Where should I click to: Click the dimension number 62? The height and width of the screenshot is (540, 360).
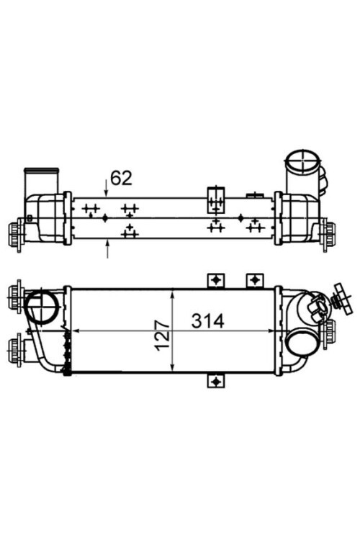[120, 177]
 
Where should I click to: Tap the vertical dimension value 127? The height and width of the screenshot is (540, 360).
[162, 333]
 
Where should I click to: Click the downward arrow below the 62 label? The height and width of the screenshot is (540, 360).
[107, 190]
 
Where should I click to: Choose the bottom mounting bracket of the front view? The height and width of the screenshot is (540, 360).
[216, 380]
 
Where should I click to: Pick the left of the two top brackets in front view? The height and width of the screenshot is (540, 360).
[216, 279]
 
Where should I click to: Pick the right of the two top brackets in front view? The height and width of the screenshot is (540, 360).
[253, 279]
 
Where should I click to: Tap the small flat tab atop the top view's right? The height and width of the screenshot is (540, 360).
[254, 194]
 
